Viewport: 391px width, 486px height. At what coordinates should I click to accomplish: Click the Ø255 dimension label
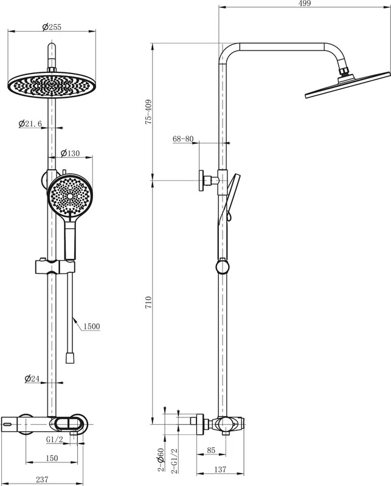point(52,27)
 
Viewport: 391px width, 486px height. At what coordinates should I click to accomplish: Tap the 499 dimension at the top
point(305,3)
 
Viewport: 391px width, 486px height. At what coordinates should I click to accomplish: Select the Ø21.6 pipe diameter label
point(30,124)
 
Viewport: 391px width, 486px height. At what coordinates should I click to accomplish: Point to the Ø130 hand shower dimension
point(70,153)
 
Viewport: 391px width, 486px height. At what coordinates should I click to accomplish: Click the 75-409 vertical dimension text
point(148,112)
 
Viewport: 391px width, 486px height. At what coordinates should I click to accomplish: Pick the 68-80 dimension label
point(183,139)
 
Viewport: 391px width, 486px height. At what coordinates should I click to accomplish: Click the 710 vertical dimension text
point(148,302)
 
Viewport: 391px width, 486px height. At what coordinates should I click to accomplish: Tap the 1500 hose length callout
point(92,326)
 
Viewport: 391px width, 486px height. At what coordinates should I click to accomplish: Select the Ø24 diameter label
point(32,378)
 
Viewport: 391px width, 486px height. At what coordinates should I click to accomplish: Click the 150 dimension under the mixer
point(52,458)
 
